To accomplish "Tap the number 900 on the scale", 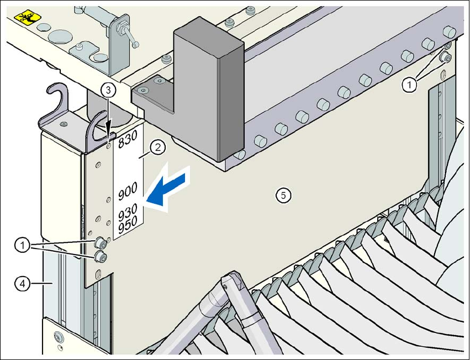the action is point(129,193).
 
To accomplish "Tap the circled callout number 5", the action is point(283,194).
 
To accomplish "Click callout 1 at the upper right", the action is point(409,85).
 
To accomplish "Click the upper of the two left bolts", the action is point(101,242).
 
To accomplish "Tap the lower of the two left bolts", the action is point(101,256).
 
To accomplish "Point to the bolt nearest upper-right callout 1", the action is point(445,58).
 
